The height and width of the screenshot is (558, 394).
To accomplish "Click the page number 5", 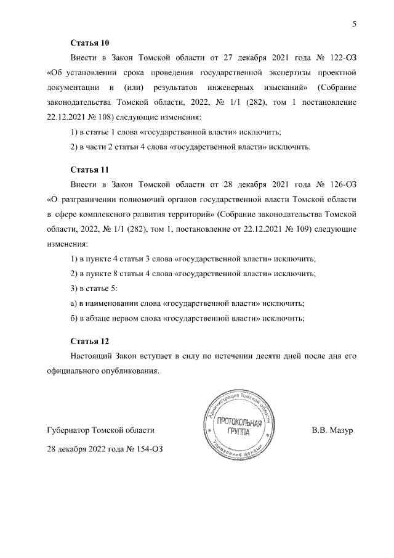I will [353, 24].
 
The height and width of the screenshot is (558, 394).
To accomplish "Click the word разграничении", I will [87, 199].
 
